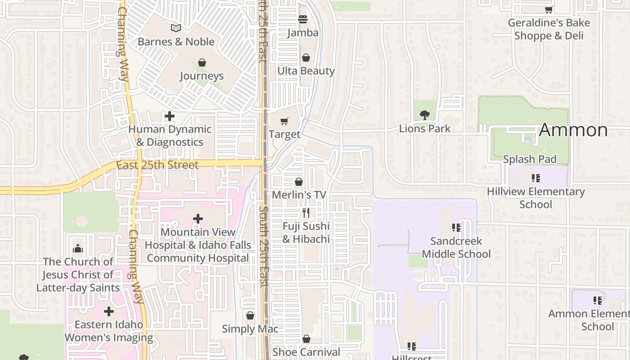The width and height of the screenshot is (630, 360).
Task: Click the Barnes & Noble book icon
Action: click(x=175, y=28)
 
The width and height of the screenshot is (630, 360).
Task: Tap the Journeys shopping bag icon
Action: click(x=202, y=63)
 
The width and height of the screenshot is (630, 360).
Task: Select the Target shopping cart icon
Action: click(x=284, y=121)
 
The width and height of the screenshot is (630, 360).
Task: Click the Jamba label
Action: click(x=303, y=33)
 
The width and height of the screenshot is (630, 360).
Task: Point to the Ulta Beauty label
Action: click(x=306, y=71)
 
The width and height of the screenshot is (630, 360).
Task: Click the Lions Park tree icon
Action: click(x=424, y=115)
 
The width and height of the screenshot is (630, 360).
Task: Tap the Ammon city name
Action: click(x=573, y=130)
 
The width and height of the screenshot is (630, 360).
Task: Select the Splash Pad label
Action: click(x=530, y=159)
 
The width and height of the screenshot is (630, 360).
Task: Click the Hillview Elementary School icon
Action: click(x=535, y=178)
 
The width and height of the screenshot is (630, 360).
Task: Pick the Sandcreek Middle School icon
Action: click(x=456, y=228)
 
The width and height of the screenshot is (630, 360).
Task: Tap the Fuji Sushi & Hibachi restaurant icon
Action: click(x=306, y=212)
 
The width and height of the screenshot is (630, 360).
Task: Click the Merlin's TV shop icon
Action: click(x=299, y=182)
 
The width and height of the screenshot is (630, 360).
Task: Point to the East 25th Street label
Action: click(x=157, y=165)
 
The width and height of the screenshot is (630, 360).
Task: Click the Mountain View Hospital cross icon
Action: click(x=198, y=219)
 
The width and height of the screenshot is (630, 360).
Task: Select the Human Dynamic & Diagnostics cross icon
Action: click(x=170, y=116)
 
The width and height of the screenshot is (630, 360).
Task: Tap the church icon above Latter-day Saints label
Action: click(x=78, y=248)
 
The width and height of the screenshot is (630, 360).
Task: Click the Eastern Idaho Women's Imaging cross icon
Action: click(x=109, y=311)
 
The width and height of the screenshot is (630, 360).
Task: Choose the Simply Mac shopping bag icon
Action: click(x=250, y=315)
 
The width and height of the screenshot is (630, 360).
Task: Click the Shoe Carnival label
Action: click(x=306, y=352)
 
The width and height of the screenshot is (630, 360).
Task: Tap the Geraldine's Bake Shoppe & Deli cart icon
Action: click(x=549, y=9)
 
